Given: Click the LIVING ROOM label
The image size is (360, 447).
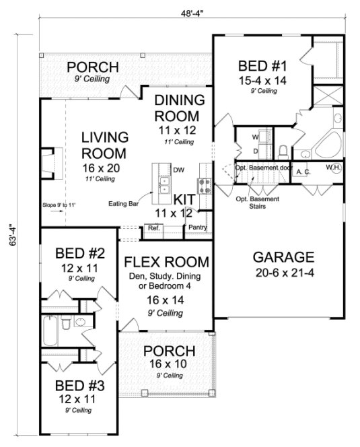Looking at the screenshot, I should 104,145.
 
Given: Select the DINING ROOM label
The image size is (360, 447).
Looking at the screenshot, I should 180,108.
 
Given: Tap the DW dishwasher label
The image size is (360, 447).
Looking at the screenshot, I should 178,170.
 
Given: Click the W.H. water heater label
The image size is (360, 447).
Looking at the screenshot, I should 332,167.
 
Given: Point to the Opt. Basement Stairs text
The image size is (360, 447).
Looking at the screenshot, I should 254,203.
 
